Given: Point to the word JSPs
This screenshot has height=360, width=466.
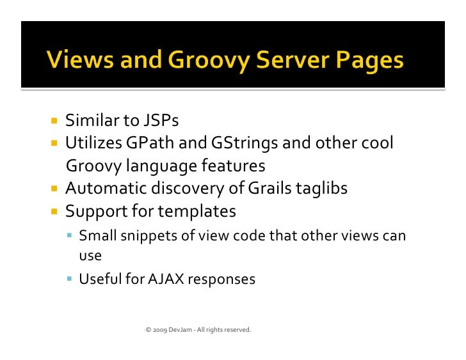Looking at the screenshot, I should [x=160, y=121].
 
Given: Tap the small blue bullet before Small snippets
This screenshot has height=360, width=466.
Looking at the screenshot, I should [x=70, y=236].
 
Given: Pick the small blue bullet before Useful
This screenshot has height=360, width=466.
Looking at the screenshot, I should [x=70, y=279].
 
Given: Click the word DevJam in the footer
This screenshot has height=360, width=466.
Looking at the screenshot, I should [x=180, y=330].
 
